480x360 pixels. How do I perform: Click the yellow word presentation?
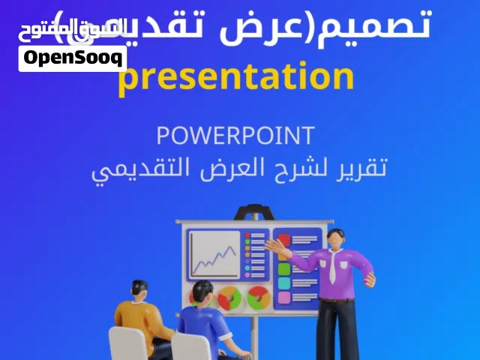pos(235,78)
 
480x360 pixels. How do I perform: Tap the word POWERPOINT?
pos(235,136)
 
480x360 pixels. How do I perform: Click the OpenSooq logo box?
pos(73,58)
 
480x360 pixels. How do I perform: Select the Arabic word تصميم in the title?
pos(390,25)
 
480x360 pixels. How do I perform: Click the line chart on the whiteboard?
pos(214,254)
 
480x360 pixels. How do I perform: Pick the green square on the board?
pos(283,268)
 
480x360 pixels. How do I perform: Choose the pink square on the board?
pos(283,297)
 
